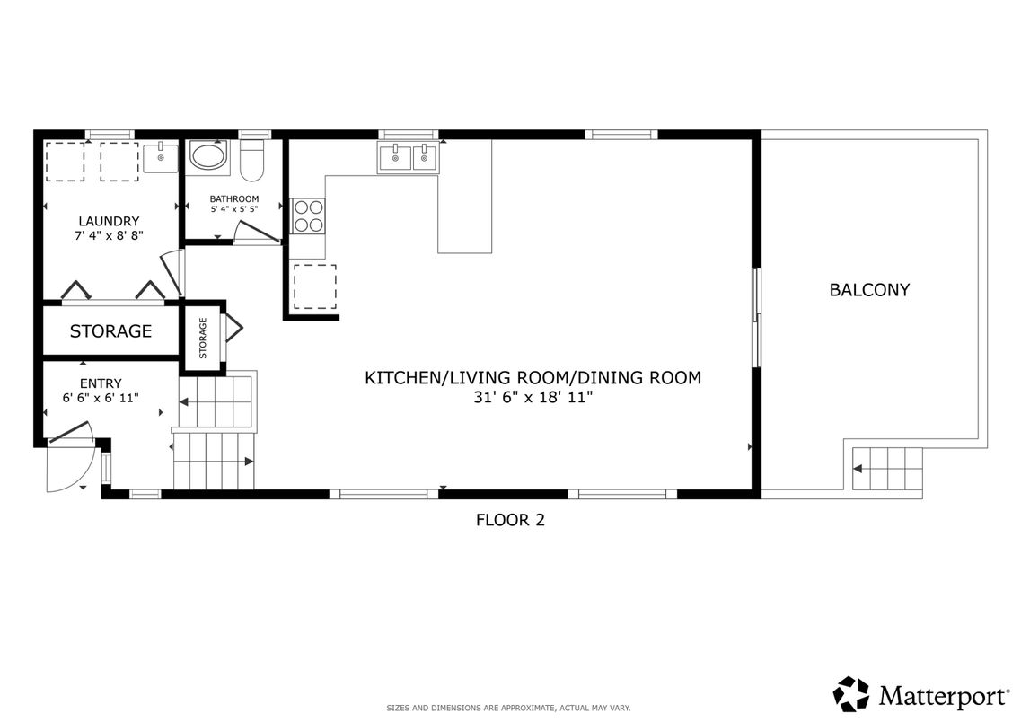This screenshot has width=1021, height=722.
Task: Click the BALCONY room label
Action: coord(868,290)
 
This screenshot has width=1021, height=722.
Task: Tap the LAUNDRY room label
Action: coord(108,221)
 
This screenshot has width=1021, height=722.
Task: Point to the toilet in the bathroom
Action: coord(252,159)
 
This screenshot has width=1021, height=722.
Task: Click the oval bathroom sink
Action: coord(209,157)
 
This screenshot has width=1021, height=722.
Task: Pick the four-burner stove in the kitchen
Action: coord(309,216)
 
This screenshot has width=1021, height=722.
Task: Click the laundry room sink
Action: coord(161,157)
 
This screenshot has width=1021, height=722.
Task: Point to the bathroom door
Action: coord(257,234)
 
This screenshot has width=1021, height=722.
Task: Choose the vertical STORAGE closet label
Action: coord(203,338)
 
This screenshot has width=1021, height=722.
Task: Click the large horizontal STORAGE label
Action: coord(110,331)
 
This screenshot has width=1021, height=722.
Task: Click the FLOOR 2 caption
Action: coord(509,519)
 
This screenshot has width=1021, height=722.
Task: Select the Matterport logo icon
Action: coord(849,693)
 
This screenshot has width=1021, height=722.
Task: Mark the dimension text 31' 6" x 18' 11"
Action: coord(533,397)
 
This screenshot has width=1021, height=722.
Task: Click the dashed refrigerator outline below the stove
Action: coord(315,286)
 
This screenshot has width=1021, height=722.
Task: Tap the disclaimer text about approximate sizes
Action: coord(508,708)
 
